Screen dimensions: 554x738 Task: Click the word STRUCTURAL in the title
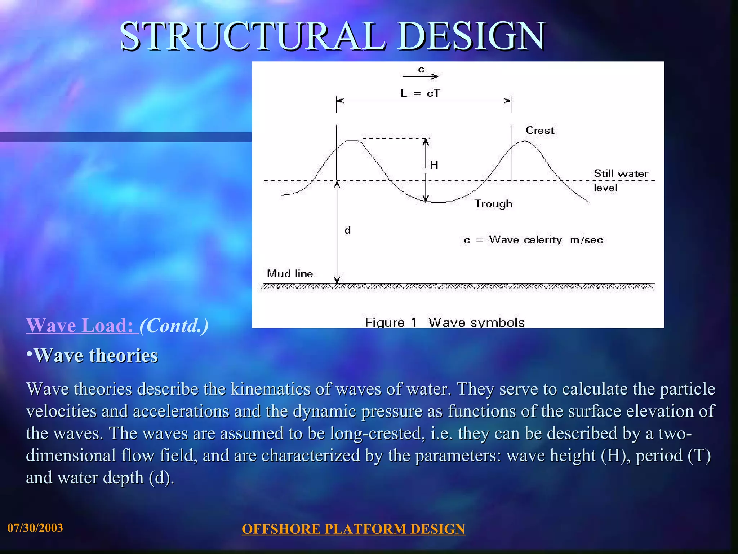(252, 36)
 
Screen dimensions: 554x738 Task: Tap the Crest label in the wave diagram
(539, 131)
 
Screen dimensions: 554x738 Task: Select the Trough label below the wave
(493, 204)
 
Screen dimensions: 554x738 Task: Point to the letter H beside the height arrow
(434, 165)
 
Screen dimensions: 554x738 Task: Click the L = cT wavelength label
(420, 93)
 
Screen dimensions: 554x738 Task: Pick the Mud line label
(290, 274)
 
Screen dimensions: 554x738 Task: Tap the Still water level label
(621, 180)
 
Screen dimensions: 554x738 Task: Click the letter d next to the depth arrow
(347, 230)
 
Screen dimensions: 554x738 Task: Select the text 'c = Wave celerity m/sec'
(533, 240)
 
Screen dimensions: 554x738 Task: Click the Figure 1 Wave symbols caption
(445, 322)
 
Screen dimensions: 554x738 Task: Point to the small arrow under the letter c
(420, 76)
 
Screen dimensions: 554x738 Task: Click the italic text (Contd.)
(174, 325)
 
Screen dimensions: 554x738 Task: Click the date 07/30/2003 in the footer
(35, 528)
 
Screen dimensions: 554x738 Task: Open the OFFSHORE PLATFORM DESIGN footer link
(353, 529)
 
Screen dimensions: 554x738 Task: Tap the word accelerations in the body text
(181, 411)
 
